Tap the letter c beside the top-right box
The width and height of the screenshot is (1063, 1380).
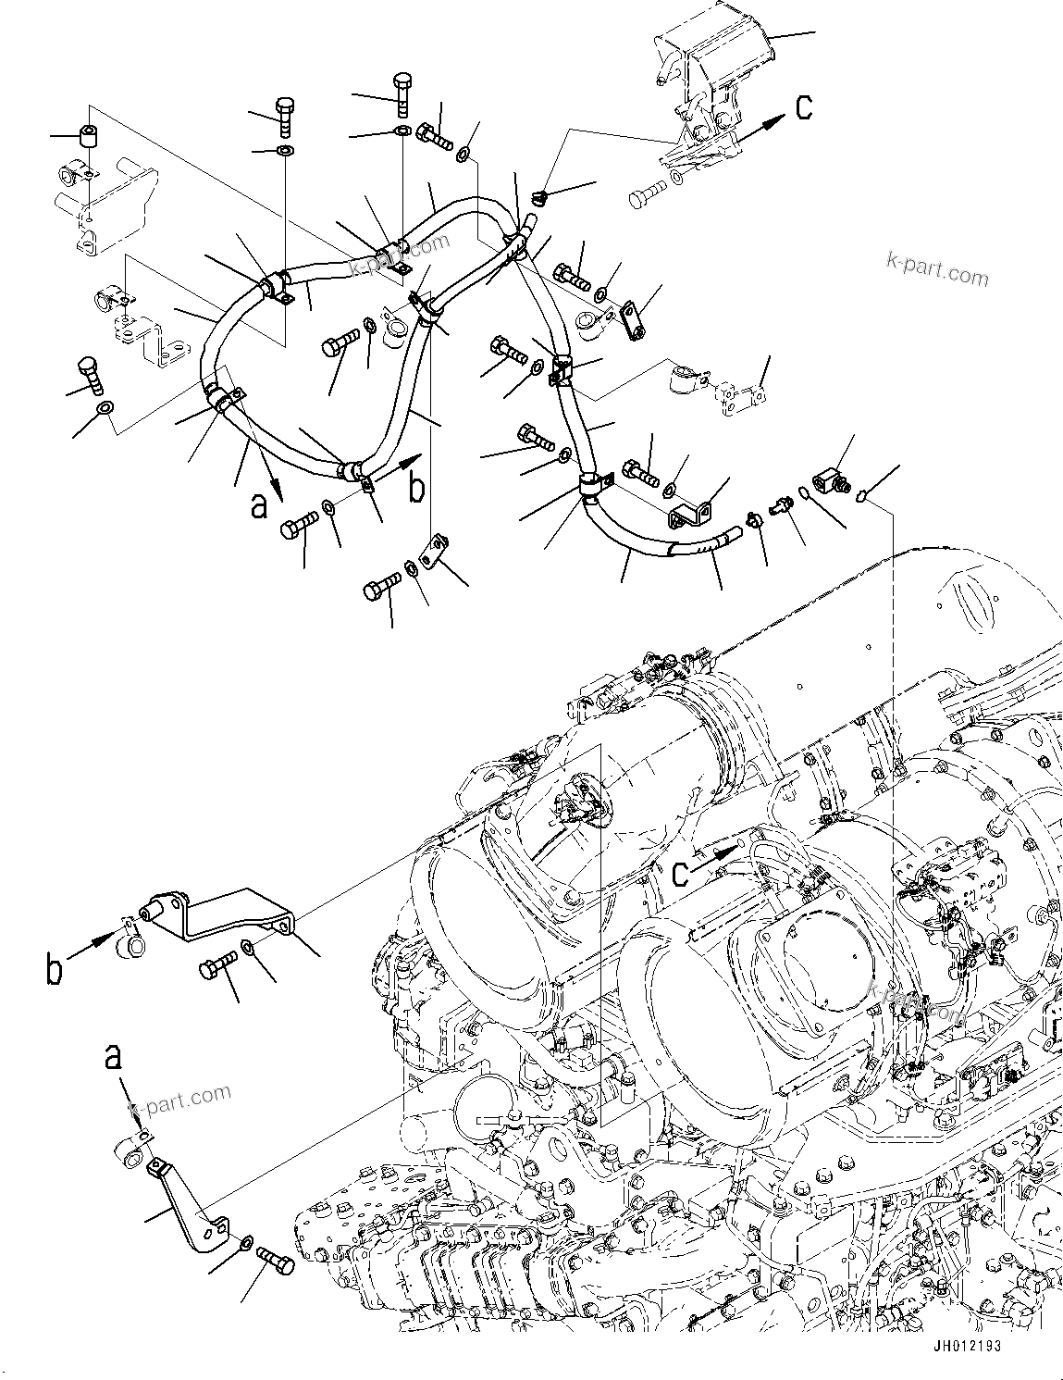click(804, 106)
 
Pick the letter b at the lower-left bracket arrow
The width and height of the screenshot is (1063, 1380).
click(55, 969)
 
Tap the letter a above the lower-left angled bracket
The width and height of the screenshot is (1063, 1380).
click(113, 1056)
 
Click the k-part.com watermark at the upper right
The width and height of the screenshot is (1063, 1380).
click(936, 271)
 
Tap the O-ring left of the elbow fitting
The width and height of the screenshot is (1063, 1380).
click(804, 495)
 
